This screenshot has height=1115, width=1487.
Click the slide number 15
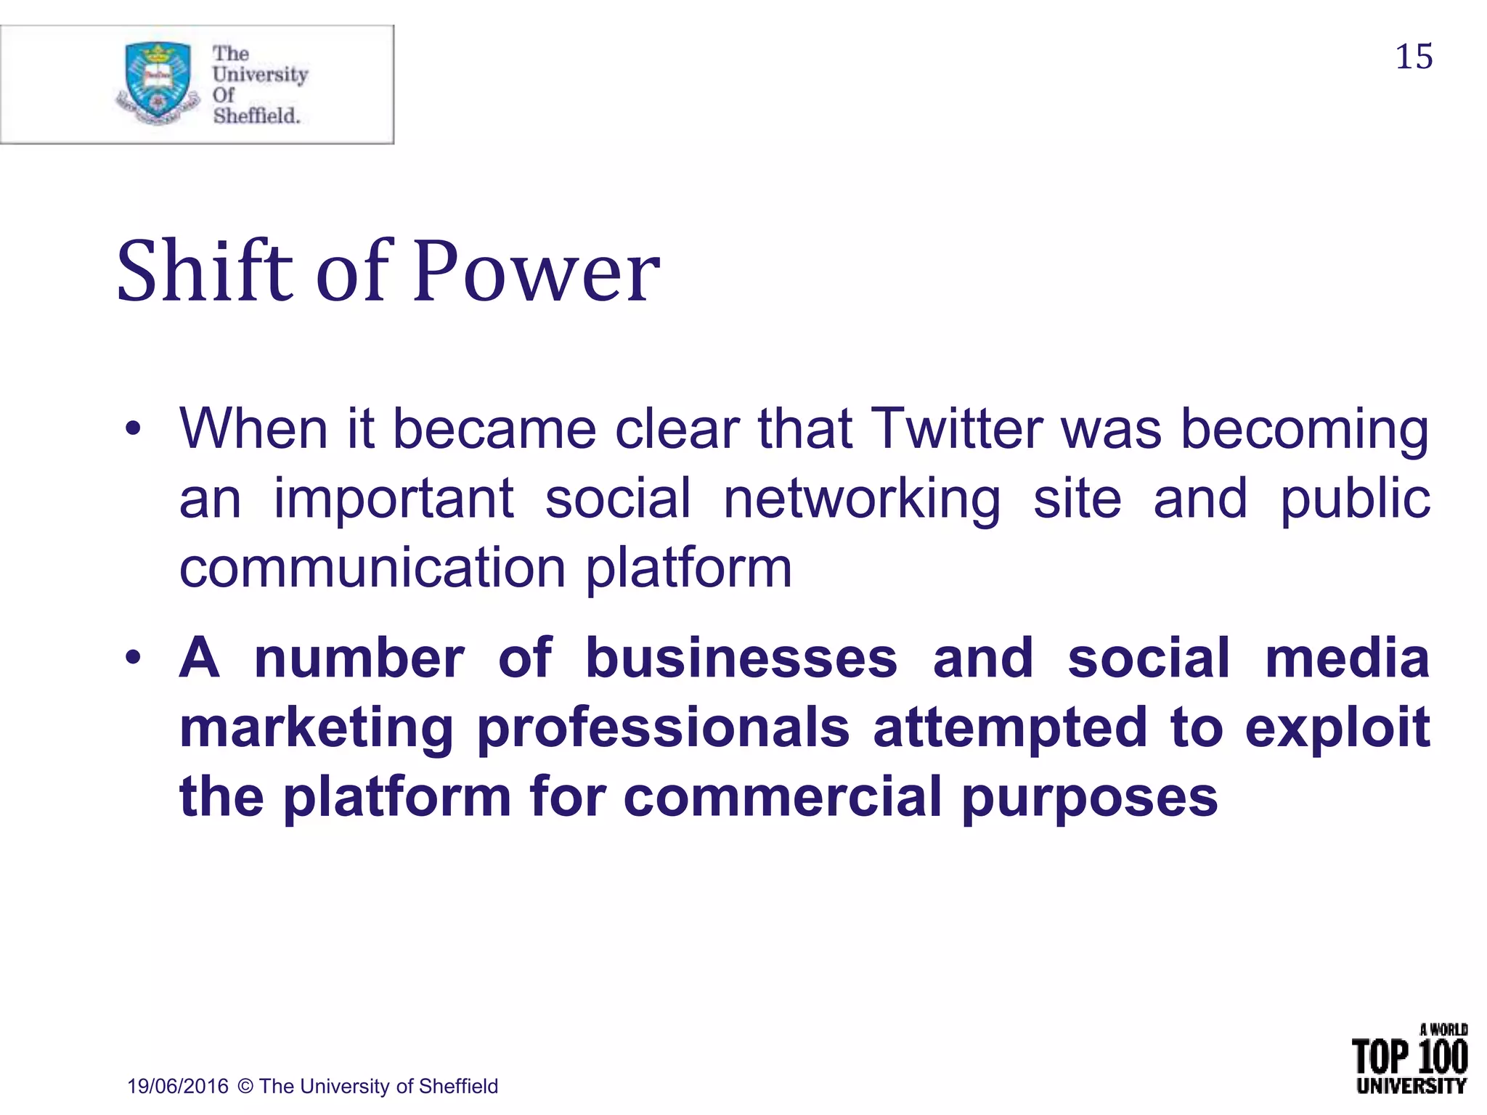point(1414,57)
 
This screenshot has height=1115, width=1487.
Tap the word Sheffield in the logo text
point(256,115)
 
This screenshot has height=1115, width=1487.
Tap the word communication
point(372,568)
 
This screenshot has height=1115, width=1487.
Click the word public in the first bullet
point(1354,501)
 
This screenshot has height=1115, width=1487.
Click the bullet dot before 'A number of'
point(132,658)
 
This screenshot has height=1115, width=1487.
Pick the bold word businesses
point(741,658)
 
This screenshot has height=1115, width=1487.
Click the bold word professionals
point(663,727)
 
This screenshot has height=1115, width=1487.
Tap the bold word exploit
point(1337,727)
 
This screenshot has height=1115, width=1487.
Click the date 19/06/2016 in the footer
point(178,1086)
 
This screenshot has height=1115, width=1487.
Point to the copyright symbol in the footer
point(245,1086)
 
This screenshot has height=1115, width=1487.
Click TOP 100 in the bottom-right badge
point(1409,1056)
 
